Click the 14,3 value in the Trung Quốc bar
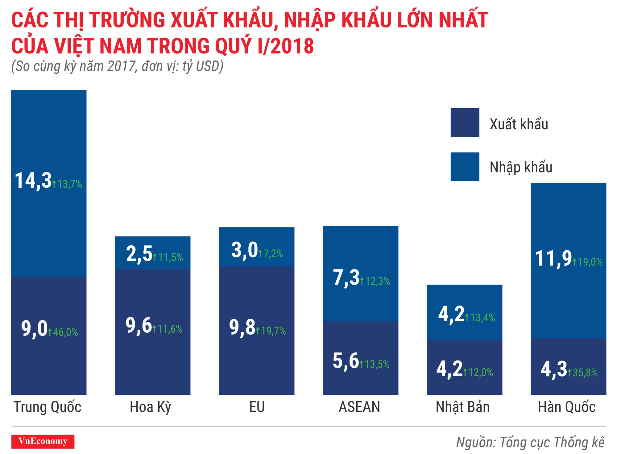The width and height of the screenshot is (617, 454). pos(33,181)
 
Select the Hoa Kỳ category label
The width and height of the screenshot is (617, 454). pos(150,407)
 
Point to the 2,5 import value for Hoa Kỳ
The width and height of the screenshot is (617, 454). pos(139,254)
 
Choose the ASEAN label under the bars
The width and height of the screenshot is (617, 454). pos(359,407)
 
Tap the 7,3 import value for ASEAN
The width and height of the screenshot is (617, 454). pos(346,277)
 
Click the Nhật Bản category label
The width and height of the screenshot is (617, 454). pos(463,407)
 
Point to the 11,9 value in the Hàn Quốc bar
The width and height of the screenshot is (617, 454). pos(553,258)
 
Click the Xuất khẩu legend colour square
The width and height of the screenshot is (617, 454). pos(465,122)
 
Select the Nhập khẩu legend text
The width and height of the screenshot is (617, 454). pos(521,167)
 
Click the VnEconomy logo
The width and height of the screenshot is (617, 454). pos(43,441)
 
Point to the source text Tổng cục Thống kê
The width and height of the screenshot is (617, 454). pos(552,442)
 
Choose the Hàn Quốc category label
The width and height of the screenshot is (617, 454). pos(567,407)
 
